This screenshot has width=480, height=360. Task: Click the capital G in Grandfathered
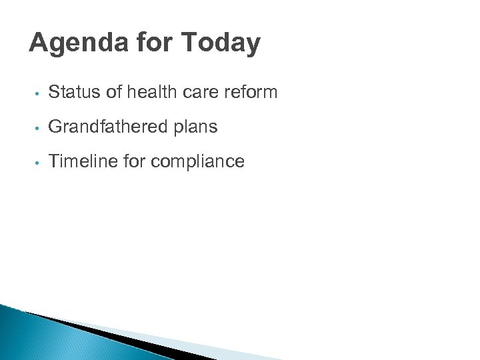pos(55,127)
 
